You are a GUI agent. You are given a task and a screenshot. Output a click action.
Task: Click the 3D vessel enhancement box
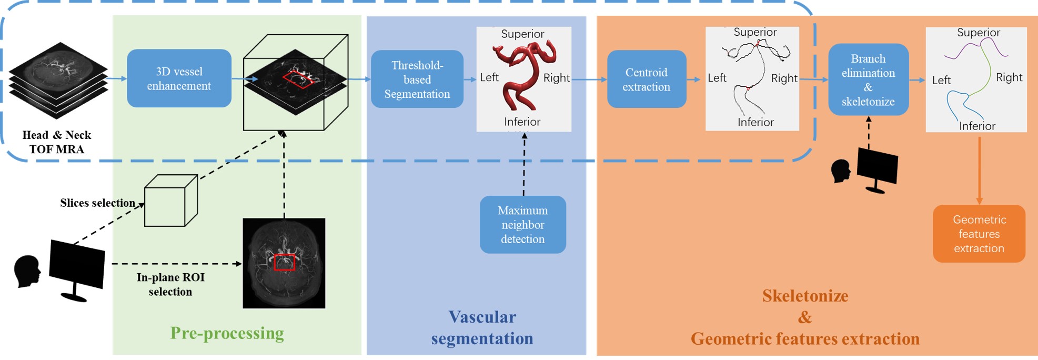pos(179,78)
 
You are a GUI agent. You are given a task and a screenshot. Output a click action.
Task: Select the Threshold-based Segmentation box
pos(417,79)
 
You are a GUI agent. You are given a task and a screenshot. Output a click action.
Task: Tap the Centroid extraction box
pos(646,79)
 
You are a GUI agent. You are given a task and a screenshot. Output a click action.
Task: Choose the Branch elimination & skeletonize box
pos(868,80)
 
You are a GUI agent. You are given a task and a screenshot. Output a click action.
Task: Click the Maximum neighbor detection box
pos(522,225)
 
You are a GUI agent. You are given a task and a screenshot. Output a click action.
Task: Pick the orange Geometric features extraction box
pos(979,234)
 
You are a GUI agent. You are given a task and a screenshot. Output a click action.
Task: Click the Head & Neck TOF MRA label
pos(57,142)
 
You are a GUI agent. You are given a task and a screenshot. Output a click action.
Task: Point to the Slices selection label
pos(97,203)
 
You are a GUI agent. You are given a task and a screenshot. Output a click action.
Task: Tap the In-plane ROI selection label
pos(170,284)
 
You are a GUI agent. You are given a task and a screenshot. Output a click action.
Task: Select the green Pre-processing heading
pos(227,333)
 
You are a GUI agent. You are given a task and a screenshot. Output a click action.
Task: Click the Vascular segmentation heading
pos(482,327)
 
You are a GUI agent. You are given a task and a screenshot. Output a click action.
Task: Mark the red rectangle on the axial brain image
pos(284,262)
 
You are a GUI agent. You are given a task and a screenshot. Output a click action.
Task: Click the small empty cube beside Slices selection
pos(170,201)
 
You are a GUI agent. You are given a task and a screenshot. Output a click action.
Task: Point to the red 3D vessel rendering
pos(523,76)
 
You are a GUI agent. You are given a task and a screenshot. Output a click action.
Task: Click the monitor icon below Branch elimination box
pos(877,169)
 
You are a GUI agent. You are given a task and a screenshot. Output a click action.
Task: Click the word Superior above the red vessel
pos(522,34)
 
